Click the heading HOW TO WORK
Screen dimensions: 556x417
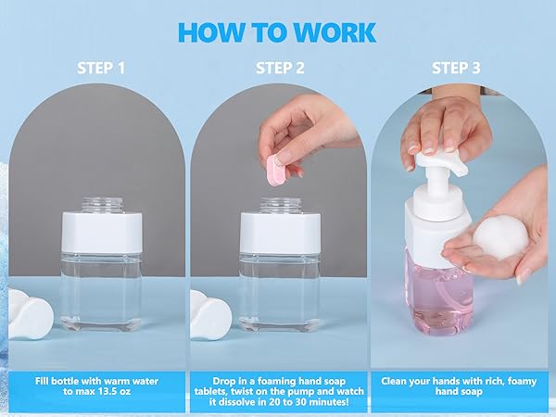[x=277, y=32]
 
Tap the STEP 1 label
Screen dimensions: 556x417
[x=101, y=68]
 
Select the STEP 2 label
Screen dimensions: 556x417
[x=280, y=68]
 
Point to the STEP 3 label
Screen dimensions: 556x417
[x=456, y=68]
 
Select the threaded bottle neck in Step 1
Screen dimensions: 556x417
[x=102, y=205]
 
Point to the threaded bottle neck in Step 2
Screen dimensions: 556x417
[x=281, y=205]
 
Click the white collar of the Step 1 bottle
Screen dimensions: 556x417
[x=102, y=233]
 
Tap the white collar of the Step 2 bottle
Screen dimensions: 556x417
[x=281, y=233]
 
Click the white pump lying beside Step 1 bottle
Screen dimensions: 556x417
[x=31, y=314]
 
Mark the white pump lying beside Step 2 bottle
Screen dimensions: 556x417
[x=210, y=314]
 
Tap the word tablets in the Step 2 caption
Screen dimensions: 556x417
[x=211, y=391]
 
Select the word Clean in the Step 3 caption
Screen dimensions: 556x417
[x=394, y=381]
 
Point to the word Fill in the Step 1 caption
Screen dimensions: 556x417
[x=43, y=381]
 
